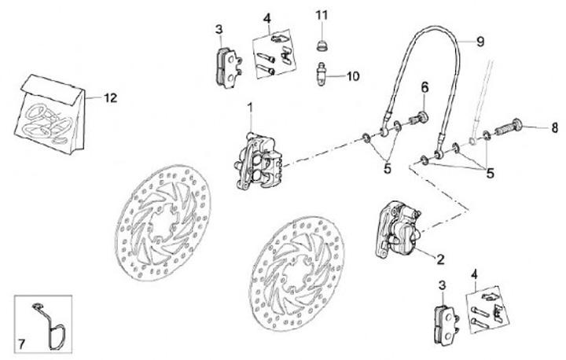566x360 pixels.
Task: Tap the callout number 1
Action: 251,107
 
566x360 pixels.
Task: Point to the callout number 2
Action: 440,258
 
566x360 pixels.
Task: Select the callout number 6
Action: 424,86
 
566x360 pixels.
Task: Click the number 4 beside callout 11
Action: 267,17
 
